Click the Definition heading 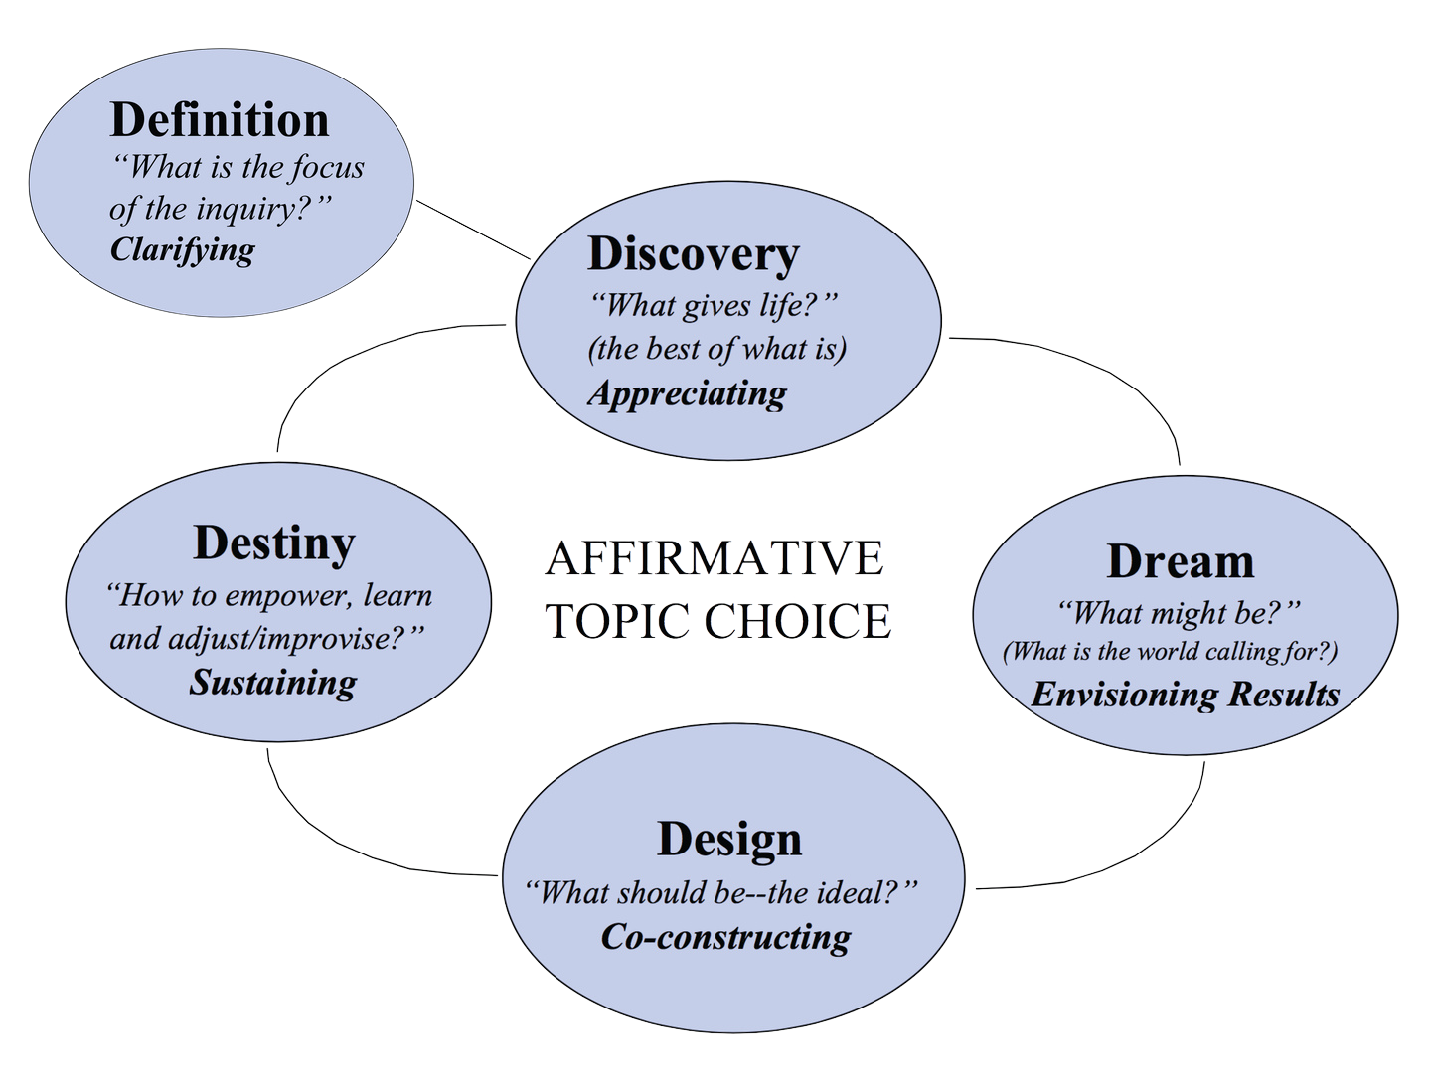(x=219, y=120)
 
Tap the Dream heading (x=1180, y=561)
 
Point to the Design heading (x=728, y=840)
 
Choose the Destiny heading (x=273, y=543)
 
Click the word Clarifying (x=182, y=248)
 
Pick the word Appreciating (x=687, y=393)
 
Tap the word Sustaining (x=273, y=683)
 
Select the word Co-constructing (x=725, y=937)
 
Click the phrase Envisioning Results (x=1185, y=694)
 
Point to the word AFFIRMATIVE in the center (x=715, y=559)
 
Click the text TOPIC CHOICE (x=718, y=622)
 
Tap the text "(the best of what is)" (x=716, y=350)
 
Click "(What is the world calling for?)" (x=1171, y=652)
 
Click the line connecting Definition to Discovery (x=473, y=230)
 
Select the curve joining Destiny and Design (x=338, y=846)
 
